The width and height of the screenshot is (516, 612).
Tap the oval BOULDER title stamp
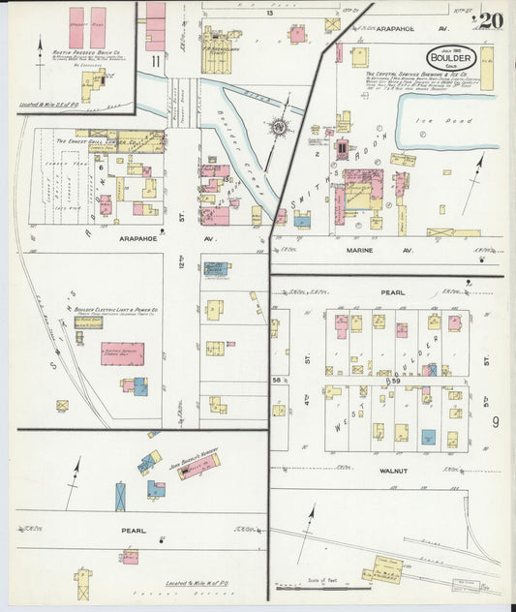click(449, 56)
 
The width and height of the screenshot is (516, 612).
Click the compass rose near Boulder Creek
click(280, 127)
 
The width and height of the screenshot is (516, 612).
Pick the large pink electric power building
click(123, 353)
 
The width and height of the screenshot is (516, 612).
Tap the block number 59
click(394, 382)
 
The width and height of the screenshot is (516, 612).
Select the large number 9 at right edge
click(495, 420)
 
